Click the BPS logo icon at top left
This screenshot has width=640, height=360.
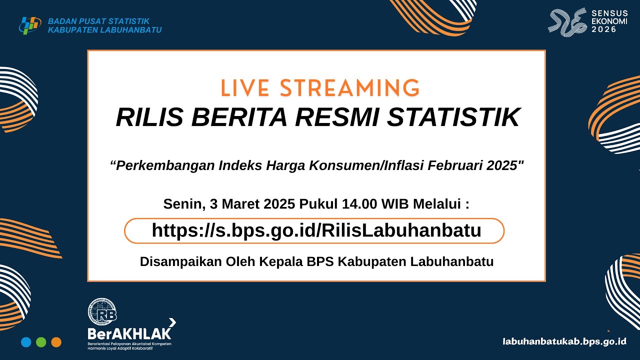tap(30, 25)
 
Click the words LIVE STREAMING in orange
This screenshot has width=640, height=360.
tap(320, 88)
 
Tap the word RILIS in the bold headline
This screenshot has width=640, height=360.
tap(148, 117)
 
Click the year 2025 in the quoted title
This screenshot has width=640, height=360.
tap(503, 166)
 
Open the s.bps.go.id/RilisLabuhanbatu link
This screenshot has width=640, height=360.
tap(316, 230)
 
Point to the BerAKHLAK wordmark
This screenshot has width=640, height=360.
tap(129, 333)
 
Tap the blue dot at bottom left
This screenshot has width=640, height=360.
tap(26, 342)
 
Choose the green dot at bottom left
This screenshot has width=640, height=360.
tap(41, 342)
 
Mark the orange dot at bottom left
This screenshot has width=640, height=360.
tap(56, 342)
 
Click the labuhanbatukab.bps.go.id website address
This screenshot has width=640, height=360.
tap(564, 341)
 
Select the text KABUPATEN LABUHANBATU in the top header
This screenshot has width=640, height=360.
tap(104, 30)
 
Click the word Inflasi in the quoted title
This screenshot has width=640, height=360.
tap(403, 166)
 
